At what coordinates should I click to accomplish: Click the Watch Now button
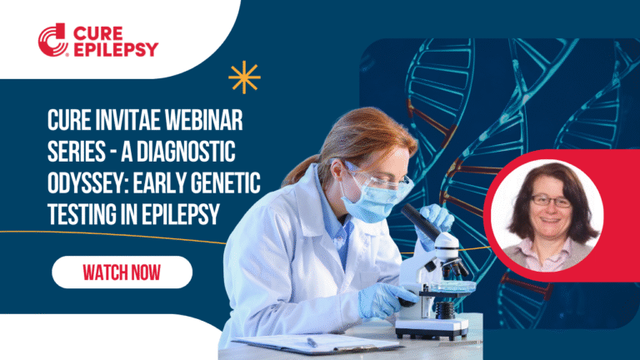pos(122,272)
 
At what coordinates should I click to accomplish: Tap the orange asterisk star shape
pos(244,77)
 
